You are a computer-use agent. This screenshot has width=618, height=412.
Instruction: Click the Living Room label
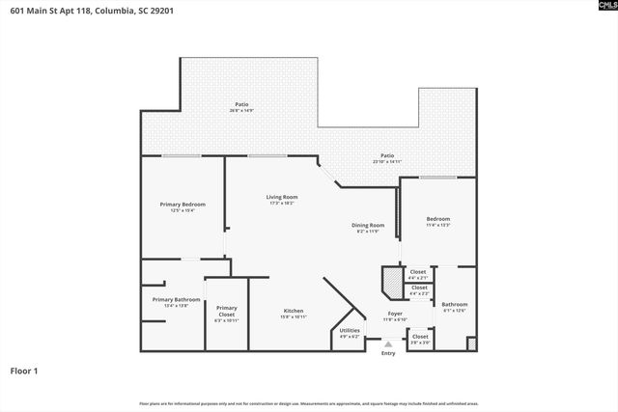[x=282, y=197]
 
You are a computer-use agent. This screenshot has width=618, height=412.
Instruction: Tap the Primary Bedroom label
[x=183, y=204]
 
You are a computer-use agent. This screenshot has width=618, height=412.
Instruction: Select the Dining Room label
[x=368, y=225]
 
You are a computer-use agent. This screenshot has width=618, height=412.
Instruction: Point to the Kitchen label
[x=293, y=311]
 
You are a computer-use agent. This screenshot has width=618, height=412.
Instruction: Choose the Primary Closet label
[x=226, y=310]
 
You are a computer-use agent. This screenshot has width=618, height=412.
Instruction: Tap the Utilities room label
[x=350, y=331]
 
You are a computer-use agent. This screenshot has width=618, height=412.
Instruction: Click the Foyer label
[x=395, y=314]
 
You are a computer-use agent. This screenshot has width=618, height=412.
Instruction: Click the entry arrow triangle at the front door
[x=388, y=343]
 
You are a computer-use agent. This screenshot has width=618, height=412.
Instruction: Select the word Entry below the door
[x=388, y=353]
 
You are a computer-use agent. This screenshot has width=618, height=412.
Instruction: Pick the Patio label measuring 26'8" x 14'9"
[x=240, y=104]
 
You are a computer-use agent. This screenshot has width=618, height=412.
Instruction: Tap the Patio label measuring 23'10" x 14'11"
[x=386, y=155]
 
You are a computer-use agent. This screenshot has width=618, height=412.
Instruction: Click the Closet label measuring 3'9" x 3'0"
[x=420, y=337]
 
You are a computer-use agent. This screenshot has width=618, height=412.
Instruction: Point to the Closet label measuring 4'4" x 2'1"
[x=418, y=272]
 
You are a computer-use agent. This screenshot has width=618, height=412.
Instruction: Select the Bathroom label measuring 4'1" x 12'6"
[x=455, y=304]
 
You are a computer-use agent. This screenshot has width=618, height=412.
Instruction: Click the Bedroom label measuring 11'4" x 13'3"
[x=438, y=219]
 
